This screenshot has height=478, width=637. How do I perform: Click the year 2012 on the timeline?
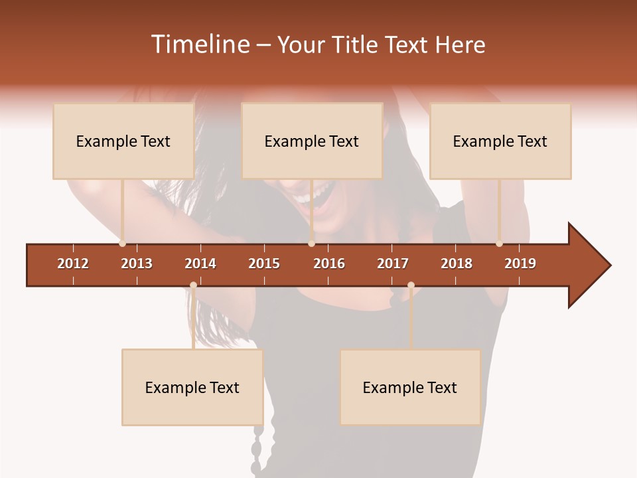tap(73, 264)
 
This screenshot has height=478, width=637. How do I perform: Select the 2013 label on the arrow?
tap(137, 264)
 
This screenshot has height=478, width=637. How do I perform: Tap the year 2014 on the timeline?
tap(200, 264)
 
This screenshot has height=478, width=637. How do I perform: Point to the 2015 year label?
tap(264, 264)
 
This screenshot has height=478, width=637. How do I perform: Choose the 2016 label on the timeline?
tap(329, 264)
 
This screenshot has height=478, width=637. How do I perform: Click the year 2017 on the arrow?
tap(393, 264)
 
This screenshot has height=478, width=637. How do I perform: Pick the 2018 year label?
tap(457, 264)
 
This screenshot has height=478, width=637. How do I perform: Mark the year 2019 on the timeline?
tap(520, 264)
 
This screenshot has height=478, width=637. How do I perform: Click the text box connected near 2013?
tap(123, 141)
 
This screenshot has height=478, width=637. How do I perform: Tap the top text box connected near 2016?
tap(312, 141)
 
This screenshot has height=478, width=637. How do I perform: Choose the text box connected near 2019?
tap(500, 141)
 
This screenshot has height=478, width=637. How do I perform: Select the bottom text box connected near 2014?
tap(192, 387)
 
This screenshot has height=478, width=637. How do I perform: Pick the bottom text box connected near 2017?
tap(410, 387)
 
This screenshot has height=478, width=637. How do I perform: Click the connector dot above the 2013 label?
tap(122, 244)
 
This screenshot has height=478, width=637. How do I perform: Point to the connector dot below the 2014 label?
tap(193, 285)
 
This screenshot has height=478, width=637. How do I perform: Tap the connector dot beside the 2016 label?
tap(311, 244)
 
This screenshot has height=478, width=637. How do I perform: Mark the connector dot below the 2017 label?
tap(411, 285)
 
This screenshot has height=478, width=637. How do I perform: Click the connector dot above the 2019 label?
tap(499, 244)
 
